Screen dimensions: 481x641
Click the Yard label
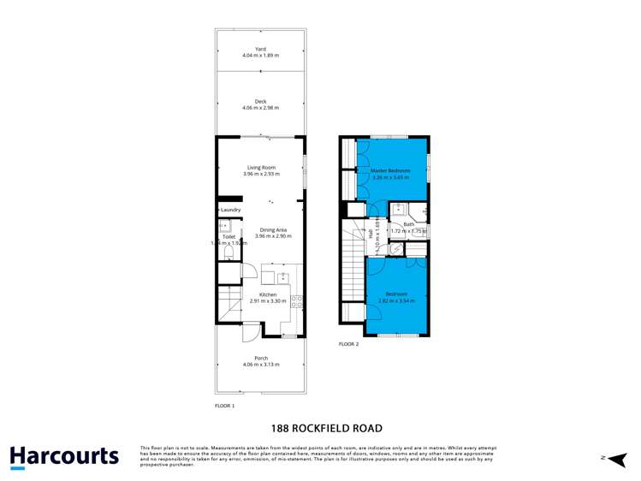[x=260, y=49]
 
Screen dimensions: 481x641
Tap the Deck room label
[x=260, y=102]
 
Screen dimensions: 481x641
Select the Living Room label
[x=261, y=167]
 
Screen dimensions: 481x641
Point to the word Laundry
[x=231, y=210]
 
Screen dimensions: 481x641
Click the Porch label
[x=260, y=358]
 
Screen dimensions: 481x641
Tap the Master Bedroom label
[x=390, y=171]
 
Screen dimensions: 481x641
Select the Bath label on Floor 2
[x=408, y=224]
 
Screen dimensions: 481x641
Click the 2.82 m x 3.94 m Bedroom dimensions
[x=396, y=301]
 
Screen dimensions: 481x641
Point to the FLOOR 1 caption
[x=224, y=406]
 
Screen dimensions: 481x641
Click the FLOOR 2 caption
[x=348, y=344]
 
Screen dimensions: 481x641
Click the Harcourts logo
[x=64, y=455]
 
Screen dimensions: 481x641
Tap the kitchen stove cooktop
[x=296, y=300]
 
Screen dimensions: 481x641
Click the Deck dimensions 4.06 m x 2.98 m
[x=260, y=108]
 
